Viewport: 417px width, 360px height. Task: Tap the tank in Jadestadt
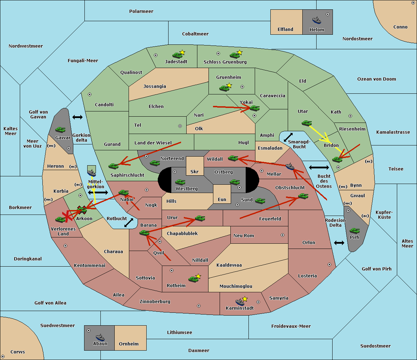(x=177, y=55)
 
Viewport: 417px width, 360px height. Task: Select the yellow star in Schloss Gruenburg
(x=240, y=52)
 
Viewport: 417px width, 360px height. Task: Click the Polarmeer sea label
(x=141, y=11)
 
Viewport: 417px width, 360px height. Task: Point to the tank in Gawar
(x=60, y=130)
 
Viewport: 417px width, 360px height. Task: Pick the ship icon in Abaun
(x=100, y=337)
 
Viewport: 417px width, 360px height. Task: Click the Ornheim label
(x=129, y=344)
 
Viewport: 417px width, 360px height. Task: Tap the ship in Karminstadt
(x=240, y=302)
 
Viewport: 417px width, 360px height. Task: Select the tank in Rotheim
(x=193, y=279)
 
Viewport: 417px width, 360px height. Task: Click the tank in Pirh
(x=354, y=231)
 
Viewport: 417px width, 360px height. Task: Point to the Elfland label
(x=285, y=30)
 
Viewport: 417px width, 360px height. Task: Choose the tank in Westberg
(x=180, y=182)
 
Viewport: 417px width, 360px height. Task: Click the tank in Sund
(x=260, y=201)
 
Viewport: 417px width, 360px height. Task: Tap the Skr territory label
(x=195, y=171)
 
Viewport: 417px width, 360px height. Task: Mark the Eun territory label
(x=222, y=199)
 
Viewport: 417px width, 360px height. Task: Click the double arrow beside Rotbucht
(x=129, y=223)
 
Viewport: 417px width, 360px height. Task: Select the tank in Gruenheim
(x=224, y=88)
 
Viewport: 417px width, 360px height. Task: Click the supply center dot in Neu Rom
(x=283, y=235)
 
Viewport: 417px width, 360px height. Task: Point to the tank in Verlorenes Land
(x=60, y=219)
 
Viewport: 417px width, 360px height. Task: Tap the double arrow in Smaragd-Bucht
(x=288, y=137)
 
